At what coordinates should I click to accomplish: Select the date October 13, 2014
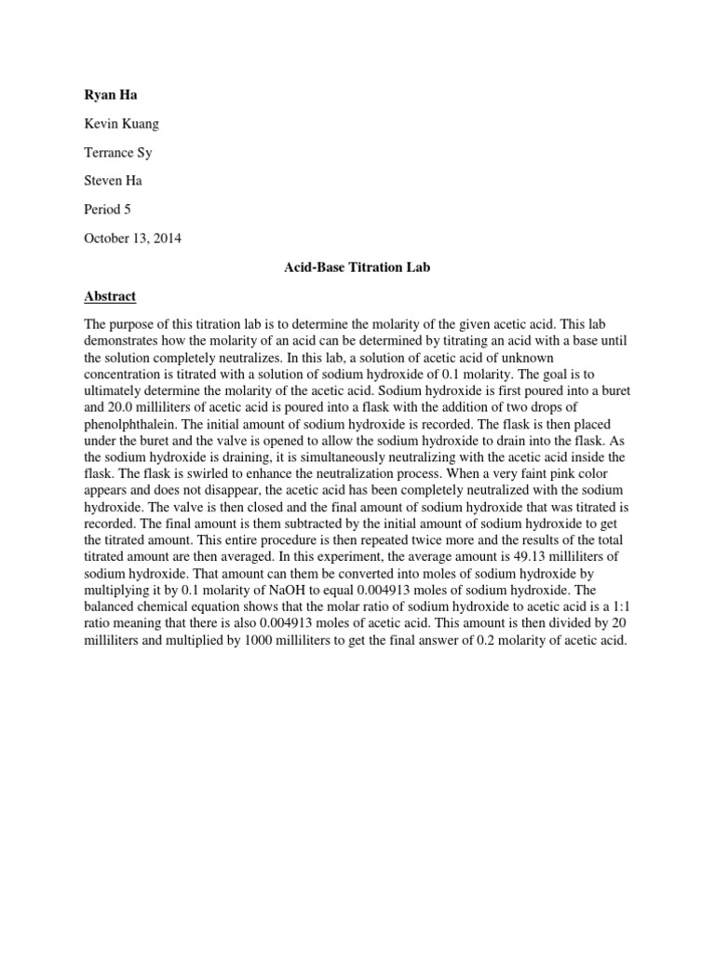pyautogui.click(x=133, y=238)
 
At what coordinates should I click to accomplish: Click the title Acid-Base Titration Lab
pyautogui.click(x=357, y=267)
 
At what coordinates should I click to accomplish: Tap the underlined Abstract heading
pyautogui.click(x=110, y=296)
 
